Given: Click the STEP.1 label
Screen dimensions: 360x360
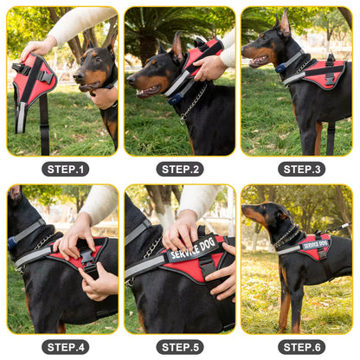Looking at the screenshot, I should (65, 169).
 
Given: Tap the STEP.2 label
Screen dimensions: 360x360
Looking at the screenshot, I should (180, 169).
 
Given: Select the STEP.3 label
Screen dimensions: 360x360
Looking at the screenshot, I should (301, 169).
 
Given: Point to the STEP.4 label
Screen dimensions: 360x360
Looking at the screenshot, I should (65, 346).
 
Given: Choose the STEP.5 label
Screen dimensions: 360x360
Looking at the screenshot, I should (180, 346).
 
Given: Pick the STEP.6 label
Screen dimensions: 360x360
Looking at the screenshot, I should (301, 346).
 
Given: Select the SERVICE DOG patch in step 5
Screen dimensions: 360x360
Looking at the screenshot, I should (191, 252).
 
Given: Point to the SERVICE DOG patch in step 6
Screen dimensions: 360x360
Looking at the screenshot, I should (315, 244).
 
